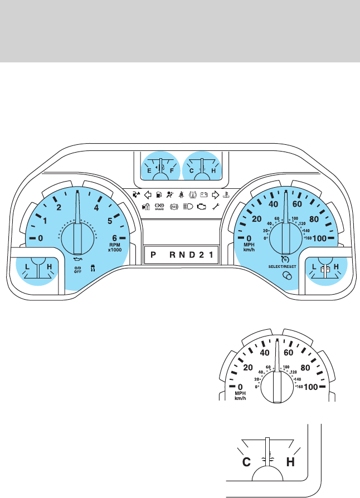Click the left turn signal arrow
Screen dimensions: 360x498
[148, 195]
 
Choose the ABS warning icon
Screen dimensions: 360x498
[174, 207]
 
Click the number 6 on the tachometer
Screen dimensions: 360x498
[115, 238]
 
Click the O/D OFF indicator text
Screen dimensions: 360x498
[78, 270]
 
